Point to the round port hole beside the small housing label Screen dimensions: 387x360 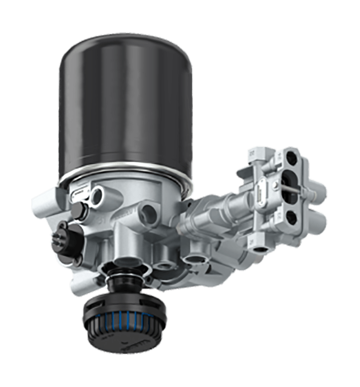tap(97, 195)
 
